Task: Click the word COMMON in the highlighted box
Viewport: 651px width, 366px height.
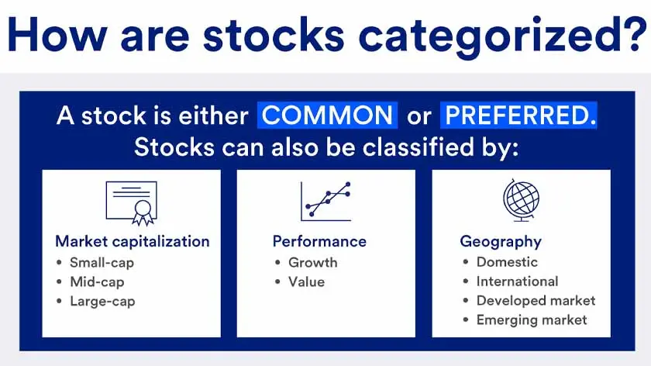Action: tap(328, 116)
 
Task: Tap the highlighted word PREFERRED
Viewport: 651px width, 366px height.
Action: tap(518, 116)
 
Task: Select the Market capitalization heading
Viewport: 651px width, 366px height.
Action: tap(132, 241)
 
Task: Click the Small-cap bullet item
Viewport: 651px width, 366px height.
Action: tap(102, 262)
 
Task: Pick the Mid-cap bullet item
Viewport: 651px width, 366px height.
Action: tap(97, 281)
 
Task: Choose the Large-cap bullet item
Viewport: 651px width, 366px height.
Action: tap(102, 301)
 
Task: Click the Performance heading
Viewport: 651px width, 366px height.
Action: tap(319, 241)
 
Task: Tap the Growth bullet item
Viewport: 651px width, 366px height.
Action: tap(312, 262)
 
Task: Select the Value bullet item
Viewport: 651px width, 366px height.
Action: tap(306, 281)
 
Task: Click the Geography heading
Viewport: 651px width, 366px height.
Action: tap(501, 241)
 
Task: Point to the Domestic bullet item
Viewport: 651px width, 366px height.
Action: tap(507, 262)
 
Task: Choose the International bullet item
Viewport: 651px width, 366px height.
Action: tap(517, 281)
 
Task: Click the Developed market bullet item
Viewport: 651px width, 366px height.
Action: tap(536, 301)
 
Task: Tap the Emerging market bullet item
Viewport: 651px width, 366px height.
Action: tap(532, 319)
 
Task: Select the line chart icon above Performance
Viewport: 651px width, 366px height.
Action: tap(325, 201)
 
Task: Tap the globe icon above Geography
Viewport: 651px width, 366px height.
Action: tap(521, 201)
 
